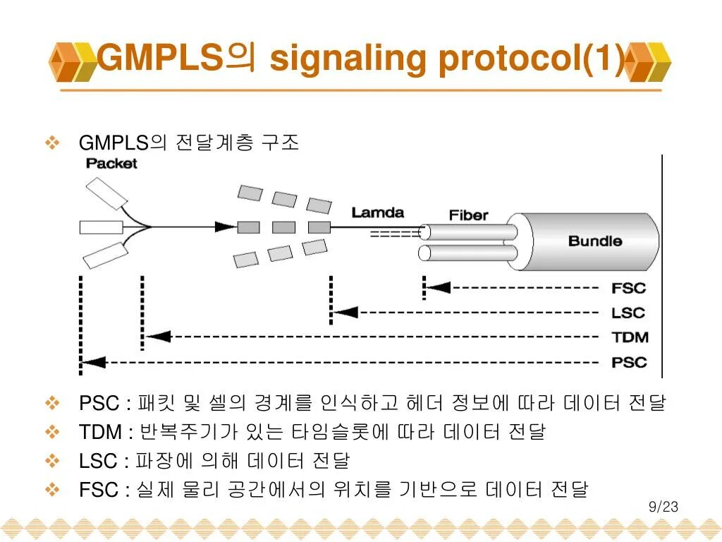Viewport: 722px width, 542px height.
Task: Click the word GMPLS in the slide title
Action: [159, 58]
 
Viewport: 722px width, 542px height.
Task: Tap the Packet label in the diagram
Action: [111, 164]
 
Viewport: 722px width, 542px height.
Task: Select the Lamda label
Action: [378, 212]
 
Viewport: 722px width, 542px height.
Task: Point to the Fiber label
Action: [468, 215]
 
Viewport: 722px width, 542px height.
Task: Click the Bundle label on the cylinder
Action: [595, 241]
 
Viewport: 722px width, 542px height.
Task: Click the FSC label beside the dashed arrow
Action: [628, 288]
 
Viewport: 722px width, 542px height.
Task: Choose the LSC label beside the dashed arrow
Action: [628, 313]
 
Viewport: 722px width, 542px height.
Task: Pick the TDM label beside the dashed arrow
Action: [629, 337]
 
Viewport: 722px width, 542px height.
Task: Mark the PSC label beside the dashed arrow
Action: [629, 363]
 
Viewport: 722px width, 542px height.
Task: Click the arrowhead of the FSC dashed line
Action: [439, 287]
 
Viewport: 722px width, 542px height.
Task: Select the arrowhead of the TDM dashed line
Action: [159, 337]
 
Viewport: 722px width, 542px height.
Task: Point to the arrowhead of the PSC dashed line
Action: [94, 362]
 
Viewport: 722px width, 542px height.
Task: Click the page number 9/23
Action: [663, 507]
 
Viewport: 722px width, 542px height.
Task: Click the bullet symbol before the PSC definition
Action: [53, 404]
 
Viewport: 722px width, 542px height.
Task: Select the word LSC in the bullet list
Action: [98, 461]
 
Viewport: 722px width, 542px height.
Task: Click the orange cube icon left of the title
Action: [72, 61]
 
